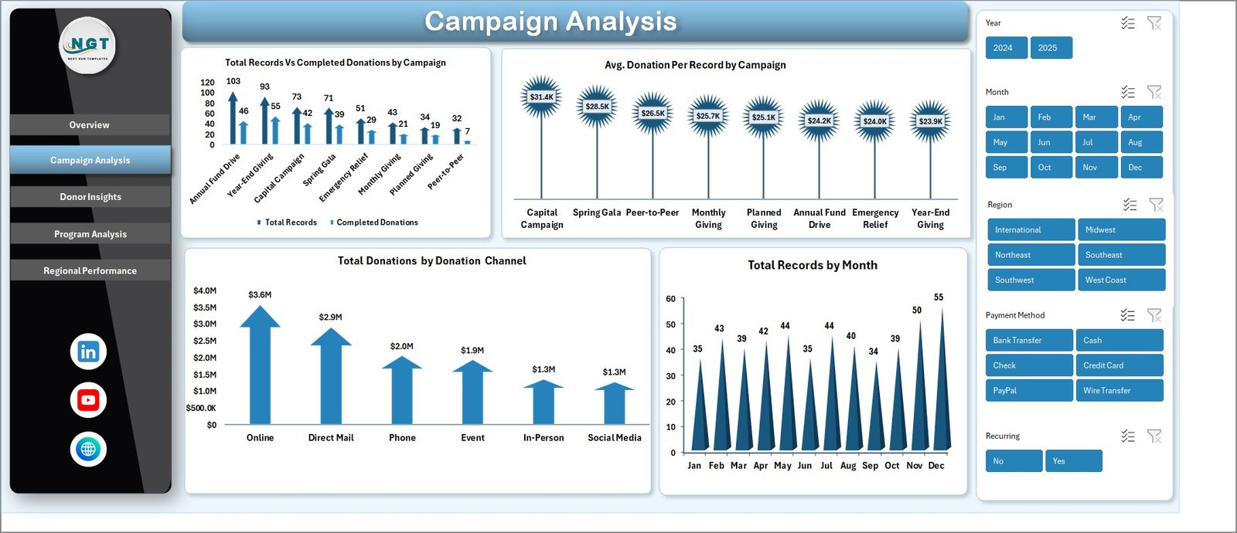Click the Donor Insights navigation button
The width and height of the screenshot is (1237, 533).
90,197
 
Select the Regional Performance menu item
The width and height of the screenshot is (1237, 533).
90,271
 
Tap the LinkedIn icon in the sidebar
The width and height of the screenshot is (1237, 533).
88,351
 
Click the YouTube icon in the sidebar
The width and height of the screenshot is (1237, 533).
88,400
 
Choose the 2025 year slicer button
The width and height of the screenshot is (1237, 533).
1051,48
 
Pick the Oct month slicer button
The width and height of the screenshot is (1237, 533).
1051,168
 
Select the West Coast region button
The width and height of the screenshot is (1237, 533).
1121,280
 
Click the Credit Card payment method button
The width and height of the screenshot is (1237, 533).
1119,365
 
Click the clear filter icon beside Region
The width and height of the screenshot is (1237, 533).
1156,205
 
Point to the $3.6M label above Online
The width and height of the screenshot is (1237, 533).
260,295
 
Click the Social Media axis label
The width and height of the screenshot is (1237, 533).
615,438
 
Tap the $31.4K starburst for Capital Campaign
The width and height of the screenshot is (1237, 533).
541,97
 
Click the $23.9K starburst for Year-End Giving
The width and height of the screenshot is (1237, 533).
930,121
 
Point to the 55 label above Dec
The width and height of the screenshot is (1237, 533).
939,297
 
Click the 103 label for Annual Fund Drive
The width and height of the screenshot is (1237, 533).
233,81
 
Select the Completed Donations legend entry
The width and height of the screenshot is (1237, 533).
377,222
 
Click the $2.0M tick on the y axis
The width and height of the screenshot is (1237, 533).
205,358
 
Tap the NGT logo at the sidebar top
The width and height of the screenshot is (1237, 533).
88,45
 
